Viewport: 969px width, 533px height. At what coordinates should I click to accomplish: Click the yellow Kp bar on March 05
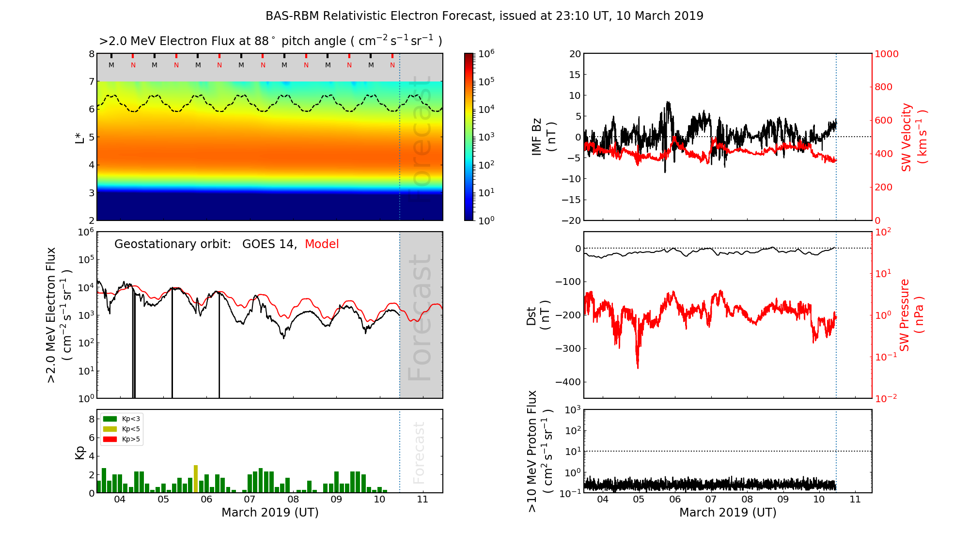click(x=196, y=479)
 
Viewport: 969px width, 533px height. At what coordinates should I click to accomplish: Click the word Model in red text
click(x=322, y=244)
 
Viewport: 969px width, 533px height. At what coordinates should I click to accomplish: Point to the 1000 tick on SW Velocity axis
click(x=886, y=54)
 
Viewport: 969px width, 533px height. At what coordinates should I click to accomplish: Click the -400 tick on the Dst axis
click(x=568, y=382)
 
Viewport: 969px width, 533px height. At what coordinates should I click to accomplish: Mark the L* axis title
click(x=80, y=137)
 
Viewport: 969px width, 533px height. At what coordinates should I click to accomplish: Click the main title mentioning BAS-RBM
click(x=484, y=16)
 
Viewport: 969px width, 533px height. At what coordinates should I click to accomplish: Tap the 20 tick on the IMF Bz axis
click(x=575, y=54)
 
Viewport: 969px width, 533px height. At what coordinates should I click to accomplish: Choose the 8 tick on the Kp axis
click(x=92, y=419)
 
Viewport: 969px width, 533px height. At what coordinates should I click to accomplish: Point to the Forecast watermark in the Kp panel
click(x=419, y=453)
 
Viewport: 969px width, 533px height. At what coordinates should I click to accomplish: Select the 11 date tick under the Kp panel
click(x=422, y=500)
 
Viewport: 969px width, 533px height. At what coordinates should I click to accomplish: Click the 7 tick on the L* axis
click(x=92, y=81)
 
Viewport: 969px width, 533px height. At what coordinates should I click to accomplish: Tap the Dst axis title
click(x=538, y=315)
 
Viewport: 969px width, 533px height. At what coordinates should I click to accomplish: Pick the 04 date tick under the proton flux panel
click(x=602, y=500)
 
